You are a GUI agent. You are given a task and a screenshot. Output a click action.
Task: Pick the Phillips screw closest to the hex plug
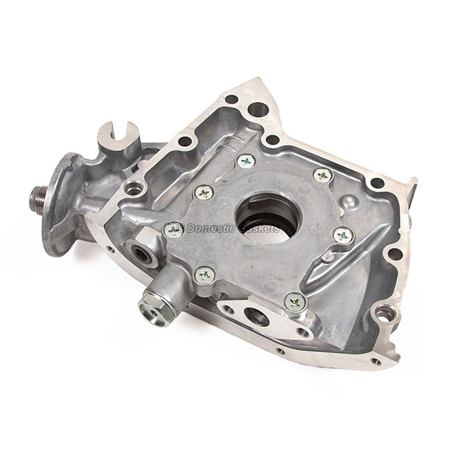click(205, 274)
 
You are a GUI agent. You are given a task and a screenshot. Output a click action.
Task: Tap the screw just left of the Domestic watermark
click(173, 229)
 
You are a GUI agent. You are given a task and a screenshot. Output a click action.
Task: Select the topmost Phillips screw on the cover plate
click(246, 162)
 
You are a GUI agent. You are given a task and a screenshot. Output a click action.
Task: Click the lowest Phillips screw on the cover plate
click(295, 302)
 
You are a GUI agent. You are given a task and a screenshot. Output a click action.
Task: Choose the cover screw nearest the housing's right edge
click(343, 234)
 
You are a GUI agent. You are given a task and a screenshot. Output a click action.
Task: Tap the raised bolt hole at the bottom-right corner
click(385, 312)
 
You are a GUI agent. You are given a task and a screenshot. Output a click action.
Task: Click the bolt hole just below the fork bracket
click(134, 188)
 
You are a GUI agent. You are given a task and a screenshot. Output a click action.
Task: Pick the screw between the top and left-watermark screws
click(203, 192)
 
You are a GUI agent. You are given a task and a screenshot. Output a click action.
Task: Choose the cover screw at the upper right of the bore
click(322, 175)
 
